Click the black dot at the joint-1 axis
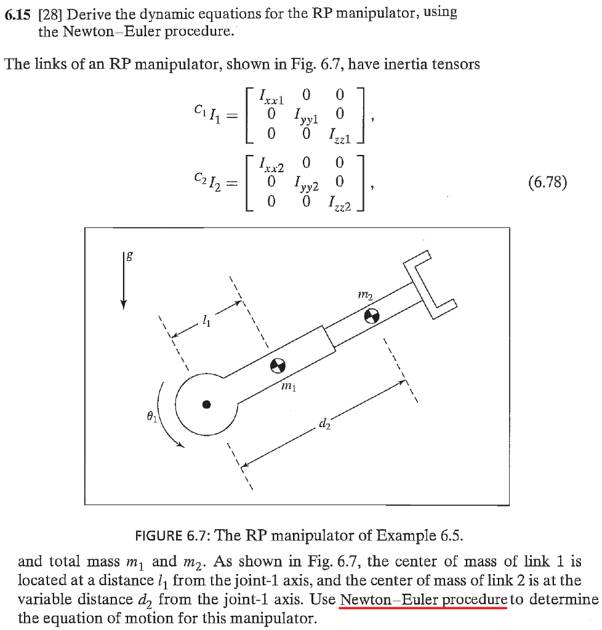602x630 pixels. coord(207,404)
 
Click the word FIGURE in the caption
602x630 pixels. coord(161,534)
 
